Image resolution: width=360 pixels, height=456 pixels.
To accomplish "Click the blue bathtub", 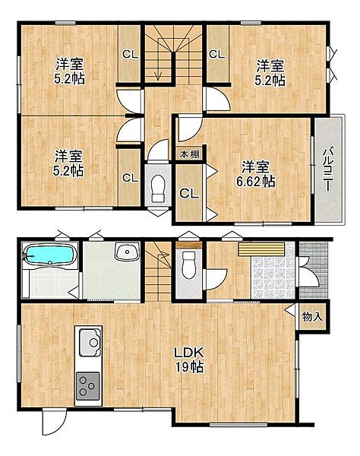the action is [49, 255].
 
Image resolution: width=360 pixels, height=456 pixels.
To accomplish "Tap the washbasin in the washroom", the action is [127, 251].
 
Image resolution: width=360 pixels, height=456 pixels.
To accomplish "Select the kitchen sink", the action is [90, 343].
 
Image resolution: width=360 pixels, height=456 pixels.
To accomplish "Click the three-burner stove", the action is [87, 385].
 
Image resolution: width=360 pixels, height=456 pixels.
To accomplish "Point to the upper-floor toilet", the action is [158, 188].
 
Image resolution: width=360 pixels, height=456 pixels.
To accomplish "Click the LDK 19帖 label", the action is [188, 359].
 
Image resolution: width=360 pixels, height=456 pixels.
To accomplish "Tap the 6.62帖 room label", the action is [256, 174].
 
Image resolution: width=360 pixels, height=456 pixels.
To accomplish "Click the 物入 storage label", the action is [312, 316].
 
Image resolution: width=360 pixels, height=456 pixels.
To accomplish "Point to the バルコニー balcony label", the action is [328, 169].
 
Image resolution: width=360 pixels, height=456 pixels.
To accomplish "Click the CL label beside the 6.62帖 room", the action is [189, 193].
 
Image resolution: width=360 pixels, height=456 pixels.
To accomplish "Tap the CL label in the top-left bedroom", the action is [130, 55].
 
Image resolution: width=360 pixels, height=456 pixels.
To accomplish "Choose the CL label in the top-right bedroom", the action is [216, 55].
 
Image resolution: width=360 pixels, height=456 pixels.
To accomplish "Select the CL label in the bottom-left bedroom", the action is [130, 178].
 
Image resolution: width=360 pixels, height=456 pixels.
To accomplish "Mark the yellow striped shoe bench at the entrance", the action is [261, 249].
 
